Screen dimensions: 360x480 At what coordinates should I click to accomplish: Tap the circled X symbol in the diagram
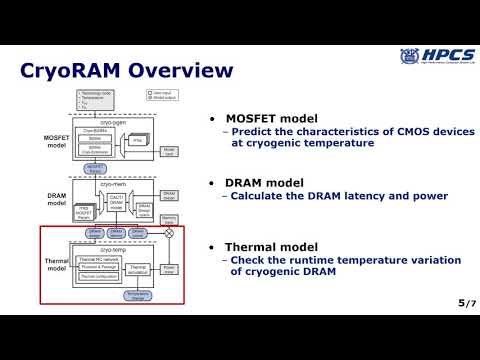click(168, 232)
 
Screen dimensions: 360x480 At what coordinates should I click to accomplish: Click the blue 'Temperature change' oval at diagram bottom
click(138, 295)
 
